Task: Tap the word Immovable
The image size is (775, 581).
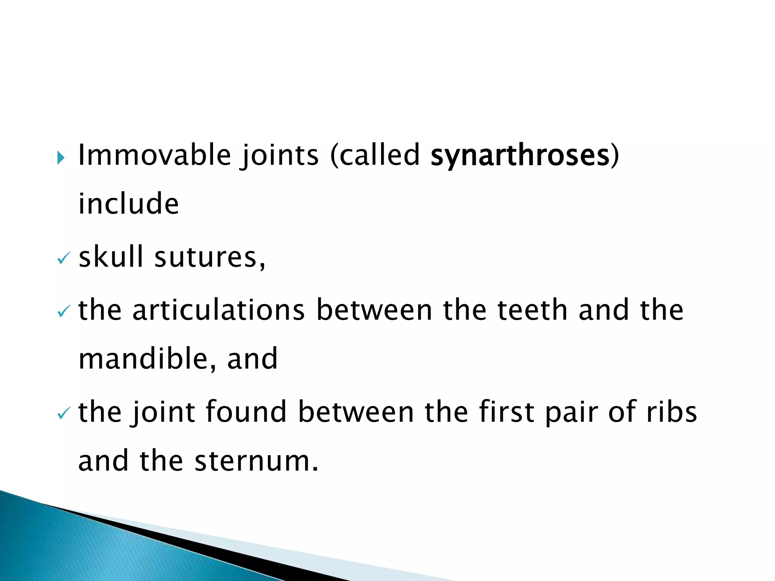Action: click(154, 155)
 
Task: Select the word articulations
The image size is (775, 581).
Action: click(218, 310)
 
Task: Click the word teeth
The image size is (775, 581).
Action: click(532, 310)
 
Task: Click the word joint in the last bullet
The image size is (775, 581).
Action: click(163, 412)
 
